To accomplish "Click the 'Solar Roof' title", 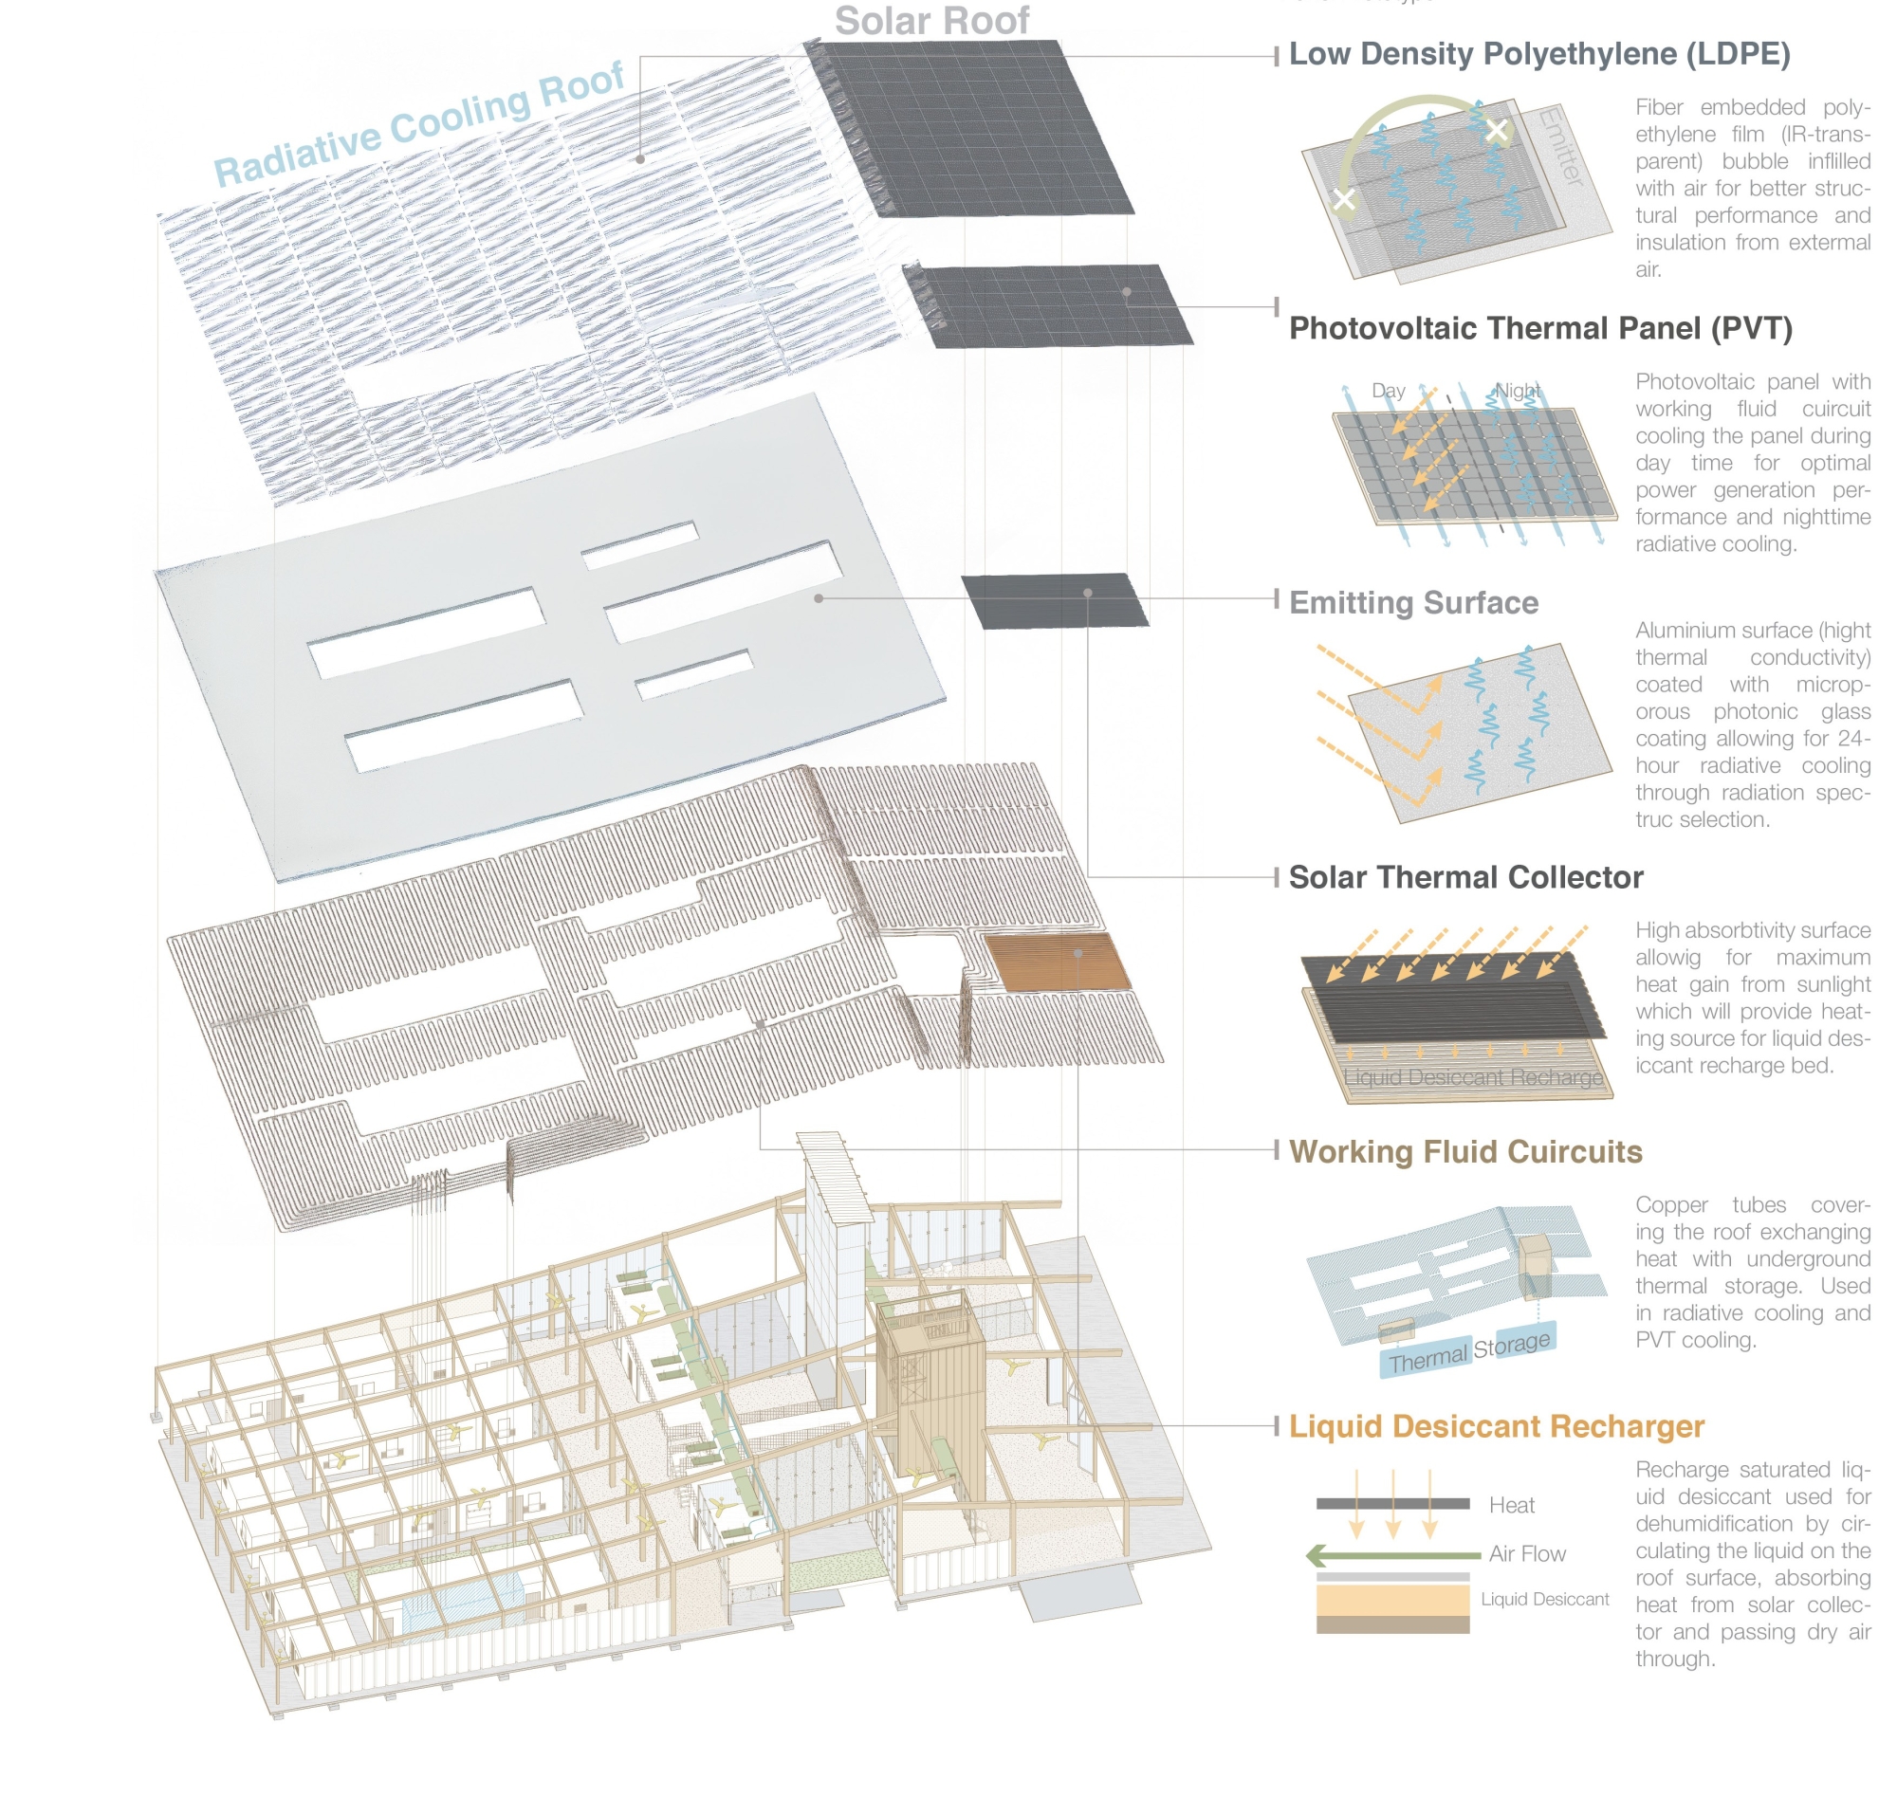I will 931,21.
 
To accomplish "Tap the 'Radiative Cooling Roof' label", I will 418,124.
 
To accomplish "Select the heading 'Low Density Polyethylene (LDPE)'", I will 1538,55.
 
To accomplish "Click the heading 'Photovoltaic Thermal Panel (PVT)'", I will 1539,328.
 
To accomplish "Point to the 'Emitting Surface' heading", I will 1413,602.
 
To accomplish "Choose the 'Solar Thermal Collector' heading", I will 1464,877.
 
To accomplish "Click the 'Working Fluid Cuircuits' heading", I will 1464,1151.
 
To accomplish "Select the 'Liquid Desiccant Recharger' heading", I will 1496,1426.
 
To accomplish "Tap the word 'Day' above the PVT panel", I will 1388,391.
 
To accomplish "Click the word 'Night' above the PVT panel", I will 1518,391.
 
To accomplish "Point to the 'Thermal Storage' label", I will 1468,1351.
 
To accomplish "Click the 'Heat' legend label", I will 1511,1506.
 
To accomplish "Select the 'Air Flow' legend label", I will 1526,1553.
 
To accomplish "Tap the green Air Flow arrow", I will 1394,1555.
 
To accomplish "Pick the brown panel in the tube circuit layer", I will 1058,962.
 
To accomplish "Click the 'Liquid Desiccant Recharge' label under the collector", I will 1473,1077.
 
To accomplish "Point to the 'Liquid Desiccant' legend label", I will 1544,1599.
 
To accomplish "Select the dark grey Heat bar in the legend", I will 1392,1504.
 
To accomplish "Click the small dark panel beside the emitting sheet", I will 1054,600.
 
